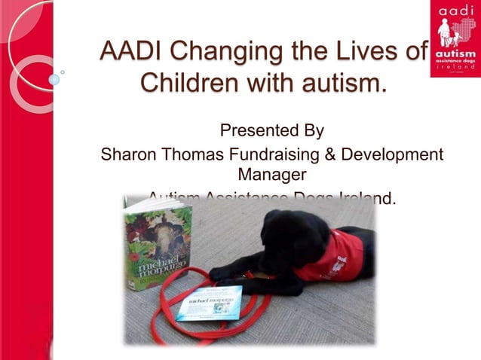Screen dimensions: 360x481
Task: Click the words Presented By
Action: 271,131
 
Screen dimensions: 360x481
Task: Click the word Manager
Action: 271,176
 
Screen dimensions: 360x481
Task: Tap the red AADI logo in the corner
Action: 455,38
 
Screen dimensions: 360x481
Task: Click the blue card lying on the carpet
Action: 209,302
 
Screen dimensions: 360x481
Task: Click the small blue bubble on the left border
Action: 54,79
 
